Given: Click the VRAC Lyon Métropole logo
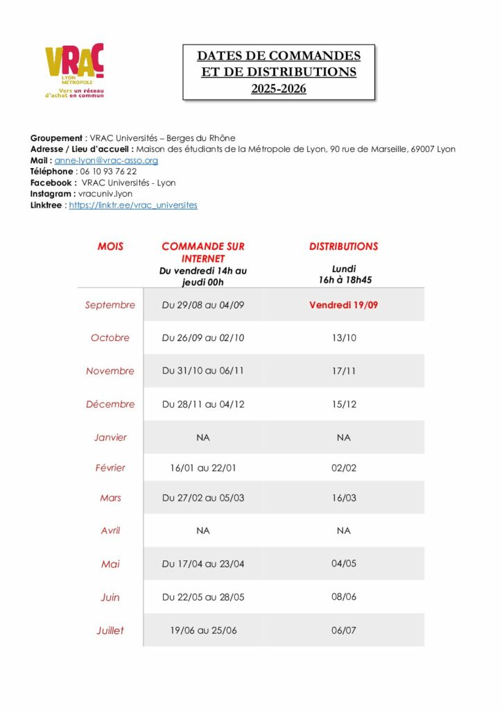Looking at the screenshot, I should tap(74, 70).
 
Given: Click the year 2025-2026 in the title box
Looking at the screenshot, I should tap(278, 89).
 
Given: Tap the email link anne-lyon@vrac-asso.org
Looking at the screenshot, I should tap(106, 160).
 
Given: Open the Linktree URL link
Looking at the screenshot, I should tap(133, 206).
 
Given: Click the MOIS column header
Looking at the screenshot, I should tap(110, 246).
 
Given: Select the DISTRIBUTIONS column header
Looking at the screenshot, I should tap(343, 246).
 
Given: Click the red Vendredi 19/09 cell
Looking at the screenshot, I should tap(343, 305).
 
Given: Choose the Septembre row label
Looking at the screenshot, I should tap(110, 305).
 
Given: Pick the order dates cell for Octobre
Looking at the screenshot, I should tap(203, 338).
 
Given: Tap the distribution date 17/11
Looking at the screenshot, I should tap(343, 371).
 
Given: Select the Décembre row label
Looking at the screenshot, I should tap(110, 404).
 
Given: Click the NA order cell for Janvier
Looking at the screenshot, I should tap(203, 437).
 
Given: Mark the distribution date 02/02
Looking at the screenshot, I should tap(343, 468).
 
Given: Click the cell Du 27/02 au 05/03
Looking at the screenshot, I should tap(203, 498).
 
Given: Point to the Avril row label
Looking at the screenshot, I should tap(110, 530).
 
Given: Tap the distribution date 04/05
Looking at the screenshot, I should tap(343, 563).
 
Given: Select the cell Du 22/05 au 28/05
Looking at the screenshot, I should tap(203, 597).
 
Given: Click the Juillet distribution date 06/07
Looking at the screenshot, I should tap(343, 630).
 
